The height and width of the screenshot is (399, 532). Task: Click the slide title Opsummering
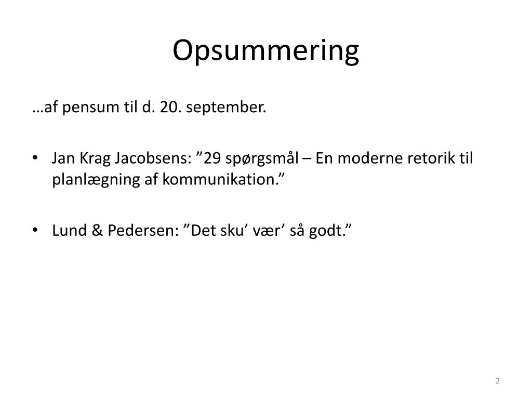pos(265,51)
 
